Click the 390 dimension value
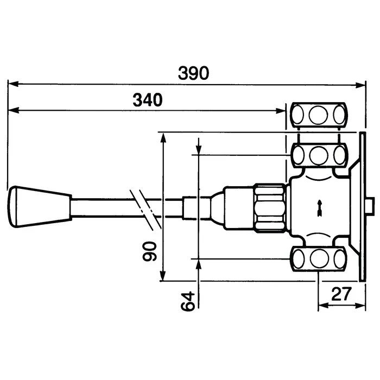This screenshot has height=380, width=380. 194,73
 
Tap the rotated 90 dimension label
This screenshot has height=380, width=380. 152,251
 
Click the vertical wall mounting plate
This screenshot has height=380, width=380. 360,206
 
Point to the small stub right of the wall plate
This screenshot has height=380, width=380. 370,206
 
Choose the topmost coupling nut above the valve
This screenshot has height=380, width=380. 318,115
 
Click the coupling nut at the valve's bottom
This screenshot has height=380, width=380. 318,258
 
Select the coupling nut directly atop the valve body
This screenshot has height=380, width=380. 318,155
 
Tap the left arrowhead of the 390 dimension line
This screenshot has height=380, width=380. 12,84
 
